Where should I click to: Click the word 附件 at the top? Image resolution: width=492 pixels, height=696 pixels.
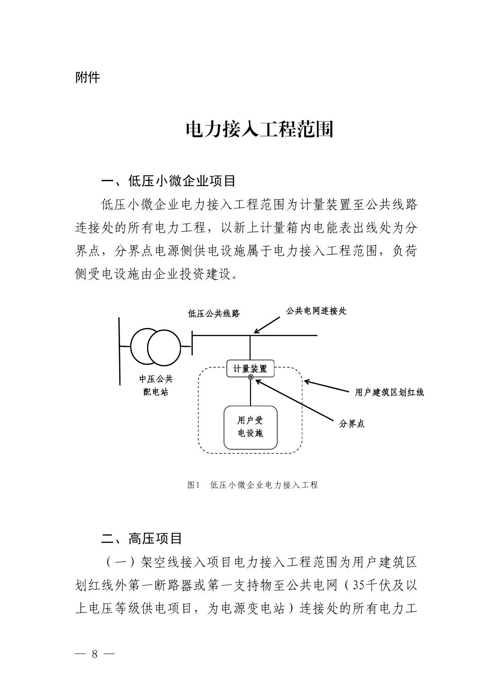87,77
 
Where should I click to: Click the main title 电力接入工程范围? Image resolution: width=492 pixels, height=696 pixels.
259,130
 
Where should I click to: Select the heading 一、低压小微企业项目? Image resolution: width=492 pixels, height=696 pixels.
168,181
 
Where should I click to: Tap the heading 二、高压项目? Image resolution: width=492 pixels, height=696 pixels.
142,538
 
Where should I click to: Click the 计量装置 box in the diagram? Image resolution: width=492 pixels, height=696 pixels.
250,369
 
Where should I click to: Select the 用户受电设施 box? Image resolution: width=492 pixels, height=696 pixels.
250,427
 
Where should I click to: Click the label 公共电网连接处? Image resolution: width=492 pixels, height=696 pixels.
316,311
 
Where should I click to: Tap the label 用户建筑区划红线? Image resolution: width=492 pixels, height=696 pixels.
389,392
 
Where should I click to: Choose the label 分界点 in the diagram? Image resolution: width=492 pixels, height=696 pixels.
352,424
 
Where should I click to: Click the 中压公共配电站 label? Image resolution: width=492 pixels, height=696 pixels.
156,385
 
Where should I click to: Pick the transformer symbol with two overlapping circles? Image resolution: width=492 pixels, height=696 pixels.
156,347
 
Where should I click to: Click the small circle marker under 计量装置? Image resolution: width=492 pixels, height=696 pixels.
251,377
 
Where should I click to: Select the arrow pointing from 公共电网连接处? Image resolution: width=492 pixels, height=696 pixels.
267,325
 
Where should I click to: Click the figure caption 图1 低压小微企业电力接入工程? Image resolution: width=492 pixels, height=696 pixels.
252,485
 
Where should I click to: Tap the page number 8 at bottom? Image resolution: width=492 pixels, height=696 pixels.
95,653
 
